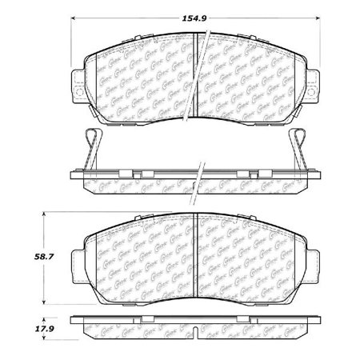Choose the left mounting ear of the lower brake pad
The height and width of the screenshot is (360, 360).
(x=76, y=262)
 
